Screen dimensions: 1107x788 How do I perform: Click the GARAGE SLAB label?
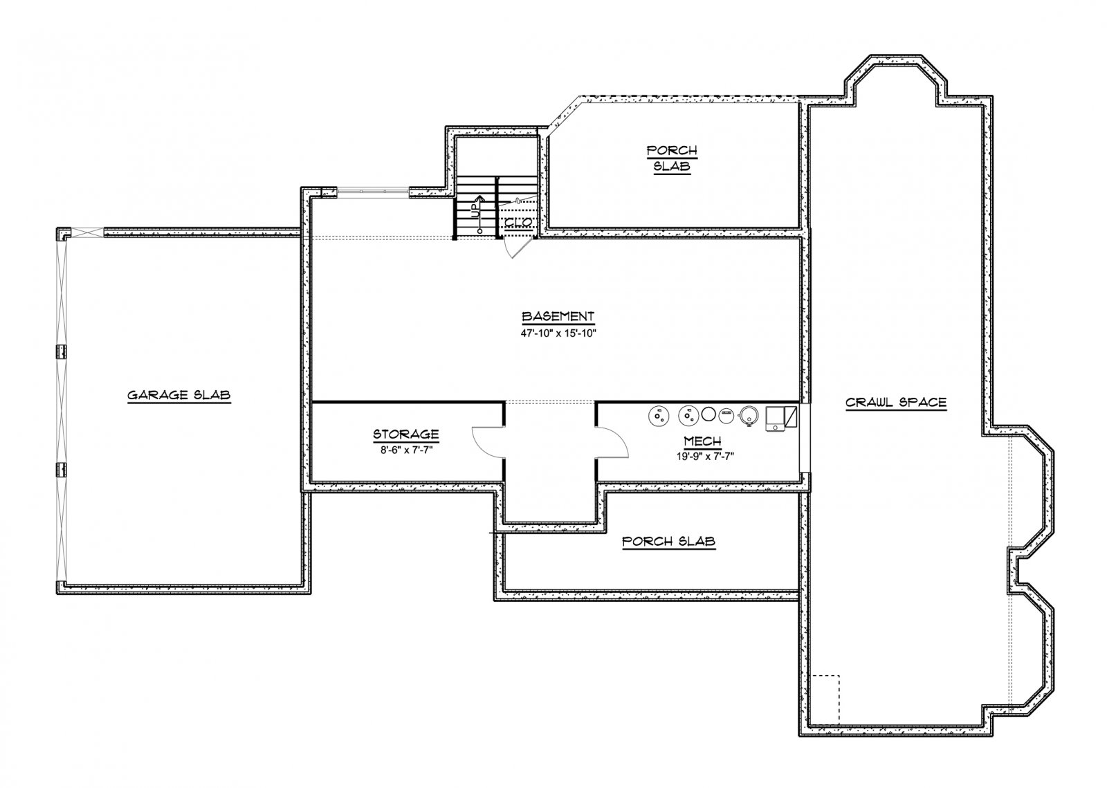tap(179, 395)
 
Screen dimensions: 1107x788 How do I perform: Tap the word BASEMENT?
tap(558, 316)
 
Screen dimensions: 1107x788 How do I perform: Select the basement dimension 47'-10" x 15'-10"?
tap(558, 333)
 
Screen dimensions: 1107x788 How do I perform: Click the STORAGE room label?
tap(405, 434)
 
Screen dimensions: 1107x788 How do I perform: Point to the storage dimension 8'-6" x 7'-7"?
tap(405, 450)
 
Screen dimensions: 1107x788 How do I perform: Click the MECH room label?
tap(702, 441)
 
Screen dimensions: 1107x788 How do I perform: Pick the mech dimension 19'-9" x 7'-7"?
tap(705, 457)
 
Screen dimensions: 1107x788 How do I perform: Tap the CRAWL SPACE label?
tap(895, 403)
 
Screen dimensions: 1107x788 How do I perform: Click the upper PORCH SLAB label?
tap(672, 158)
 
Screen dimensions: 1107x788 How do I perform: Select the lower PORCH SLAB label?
tap(668, 542)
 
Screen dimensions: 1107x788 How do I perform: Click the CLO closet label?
tap(518, 222)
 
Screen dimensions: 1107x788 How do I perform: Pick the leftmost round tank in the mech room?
tap(658, 416)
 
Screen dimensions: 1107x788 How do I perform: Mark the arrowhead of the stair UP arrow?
tap(478, 197)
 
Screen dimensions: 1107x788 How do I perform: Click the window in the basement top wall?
tap(373, 191)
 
